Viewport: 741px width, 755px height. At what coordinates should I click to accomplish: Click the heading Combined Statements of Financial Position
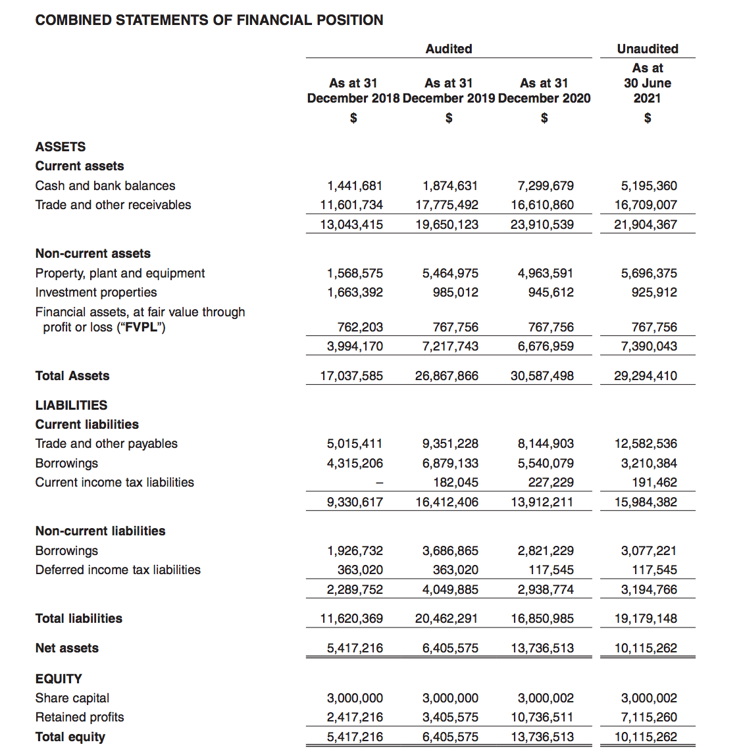pos(209,20)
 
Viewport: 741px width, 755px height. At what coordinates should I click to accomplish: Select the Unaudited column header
pos(648,49)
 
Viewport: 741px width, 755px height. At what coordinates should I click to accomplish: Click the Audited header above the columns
pos(449,49)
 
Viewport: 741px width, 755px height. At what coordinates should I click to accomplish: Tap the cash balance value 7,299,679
pos(546,186)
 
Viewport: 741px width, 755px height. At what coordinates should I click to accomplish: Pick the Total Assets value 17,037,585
pos(351,376)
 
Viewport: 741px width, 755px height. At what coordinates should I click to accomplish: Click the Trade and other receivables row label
pos(113,205)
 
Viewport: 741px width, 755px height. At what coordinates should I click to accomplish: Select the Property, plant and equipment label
pos(120,274)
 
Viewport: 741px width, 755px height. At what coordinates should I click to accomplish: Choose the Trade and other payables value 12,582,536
pos(646,444)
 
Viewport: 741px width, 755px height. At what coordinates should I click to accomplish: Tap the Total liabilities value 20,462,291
pos(447,619)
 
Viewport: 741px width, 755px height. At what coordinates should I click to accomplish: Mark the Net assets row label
pos(67,648)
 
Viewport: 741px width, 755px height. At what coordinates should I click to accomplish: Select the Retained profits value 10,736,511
pos(542,718)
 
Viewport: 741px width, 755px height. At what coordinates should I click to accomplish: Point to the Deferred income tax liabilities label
pos(118,570)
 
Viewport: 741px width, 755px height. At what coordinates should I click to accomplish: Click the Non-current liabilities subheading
pos(101,531)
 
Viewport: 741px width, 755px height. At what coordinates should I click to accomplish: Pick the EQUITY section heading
pos(59,679)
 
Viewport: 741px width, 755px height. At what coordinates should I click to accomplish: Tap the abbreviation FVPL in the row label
pos(140,328)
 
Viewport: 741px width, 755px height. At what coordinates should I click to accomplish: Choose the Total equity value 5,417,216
pos(355,737)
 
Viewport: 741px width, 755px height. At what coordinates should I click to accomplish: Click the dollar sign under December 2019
pos(449,118)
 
